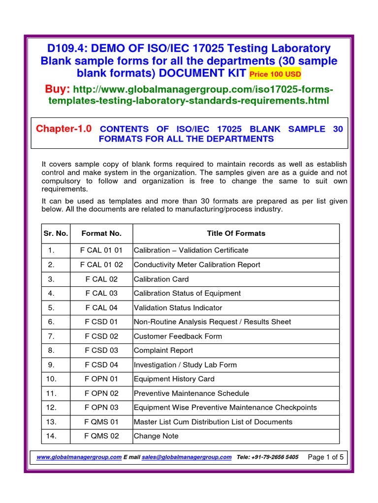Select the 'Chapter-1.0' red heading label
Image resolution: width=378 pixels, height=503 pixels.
[64, 129]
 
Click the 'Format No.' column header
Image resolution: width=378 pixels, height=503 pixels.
[101, 233]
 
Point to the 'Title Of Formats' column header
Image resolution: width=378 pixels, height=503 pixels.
[236, 233]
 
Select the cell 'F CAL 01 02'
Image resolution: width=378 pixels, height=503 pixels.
[101, 265]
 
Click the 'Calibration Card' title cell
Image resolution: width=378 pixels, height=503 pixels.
[161, 279]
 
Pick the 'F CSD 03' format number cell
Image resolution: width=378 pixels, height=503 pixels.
[101, 351]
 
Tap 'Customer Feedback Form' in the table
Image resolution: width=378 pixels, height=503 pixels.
[178, 336]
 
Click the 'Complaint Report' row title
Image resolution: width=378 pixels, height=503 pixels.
[163, 351]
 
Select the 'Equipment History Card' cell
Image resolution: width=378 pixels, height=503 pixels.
[174, 379]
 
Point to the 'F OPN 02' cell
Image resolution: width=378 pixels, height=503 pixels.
[101, 393]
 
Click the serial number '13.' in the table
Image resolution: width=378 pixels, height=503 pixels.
[51, 422]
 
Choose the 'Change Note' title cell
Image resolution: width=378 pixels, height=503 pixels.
[156, 436]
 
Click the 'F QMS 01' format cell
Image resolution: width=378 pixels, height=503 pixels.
[101, 422]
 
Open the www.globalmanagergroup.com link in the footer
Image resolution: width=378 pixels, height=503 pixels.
[79, 457]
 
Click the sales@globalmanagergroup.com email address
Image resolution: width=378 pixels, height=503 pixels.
[187, 457]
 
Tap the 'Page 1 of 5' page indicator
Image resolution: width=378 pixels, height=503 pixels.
[326, 457]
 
